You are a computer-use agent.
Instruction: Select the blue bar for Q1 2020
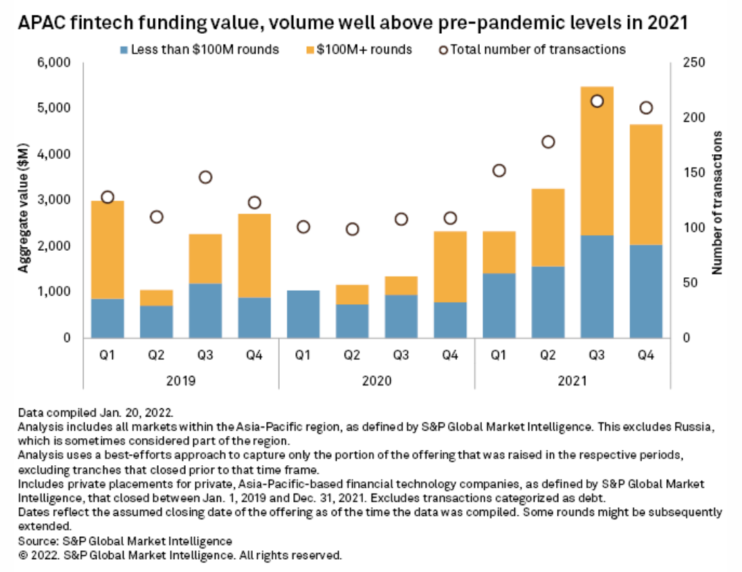coord(303,314)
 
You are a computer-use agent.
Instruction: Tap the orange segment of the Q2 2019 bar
coord(156,297)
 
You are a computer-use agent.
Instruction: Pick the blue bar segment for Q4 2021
coord(645,291)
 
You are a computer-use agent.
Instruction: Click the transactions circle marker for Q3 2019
coord(205,177)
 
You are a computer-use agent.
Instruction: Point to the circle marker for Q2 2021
coord(548,142)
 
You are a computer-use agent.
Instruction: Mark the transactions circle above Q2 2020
coord(352,229)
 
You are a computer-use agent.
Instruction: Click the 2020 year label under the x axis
coord(376,381)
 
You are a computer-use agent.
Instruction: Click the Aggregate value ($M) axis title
coord(24,201)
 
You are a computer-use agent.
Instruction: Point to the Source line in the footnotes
coord(125,541)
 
